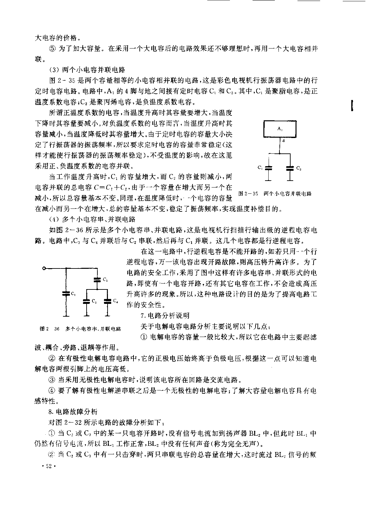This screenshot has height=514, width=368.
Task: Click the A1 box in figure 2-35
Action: [x=280, y=129]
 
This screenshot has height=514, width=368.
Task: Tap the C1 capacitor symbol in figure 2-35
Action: [x=268, y=168]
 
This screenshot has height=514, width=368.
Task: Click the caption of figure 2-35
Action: [x=275, y=193]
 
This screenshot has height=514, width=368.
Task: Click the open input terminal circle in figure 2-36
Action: [x=44, y=268]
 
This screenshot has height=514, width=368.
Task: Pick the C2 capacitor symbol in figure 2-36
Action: [x=97, y=280]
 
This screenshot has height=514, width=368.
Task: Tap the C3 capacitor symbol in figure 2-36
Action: [x=87, y=301]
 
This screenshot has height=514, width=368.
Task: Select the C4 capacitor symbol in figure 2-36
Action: [x=107, y=301]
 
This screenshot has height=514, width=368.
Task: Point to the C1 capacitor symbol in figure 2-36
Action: [x=66, y=294]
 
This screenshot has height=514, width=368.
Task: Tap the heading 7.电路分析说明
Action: [x=165, y=316]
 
